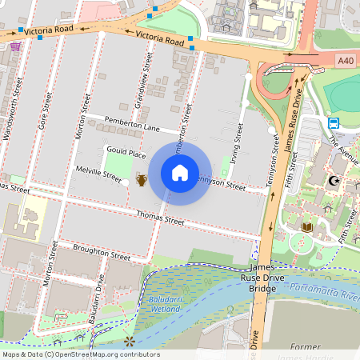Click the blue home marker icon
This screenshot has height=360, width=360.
(x=180, y=172)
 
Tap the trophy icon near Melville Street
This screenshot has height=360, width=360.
(x=142, y=180)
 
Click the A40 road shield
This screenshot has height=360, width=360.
(x=345, y=61)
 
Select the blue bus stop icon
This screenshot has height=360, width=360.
(x=333, y=122)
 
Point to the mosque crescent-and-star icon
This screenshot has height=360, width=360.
(x=332, y=181)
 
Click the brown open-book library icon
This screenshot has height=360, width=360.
(x=307, y=228)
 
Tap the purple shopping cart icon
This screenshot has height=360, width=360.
(x=15, y=46)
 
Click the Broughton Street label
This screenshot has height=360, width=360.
(x=101, y=254)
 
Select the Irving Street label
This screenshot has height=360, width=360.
(x=234, y=147)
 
